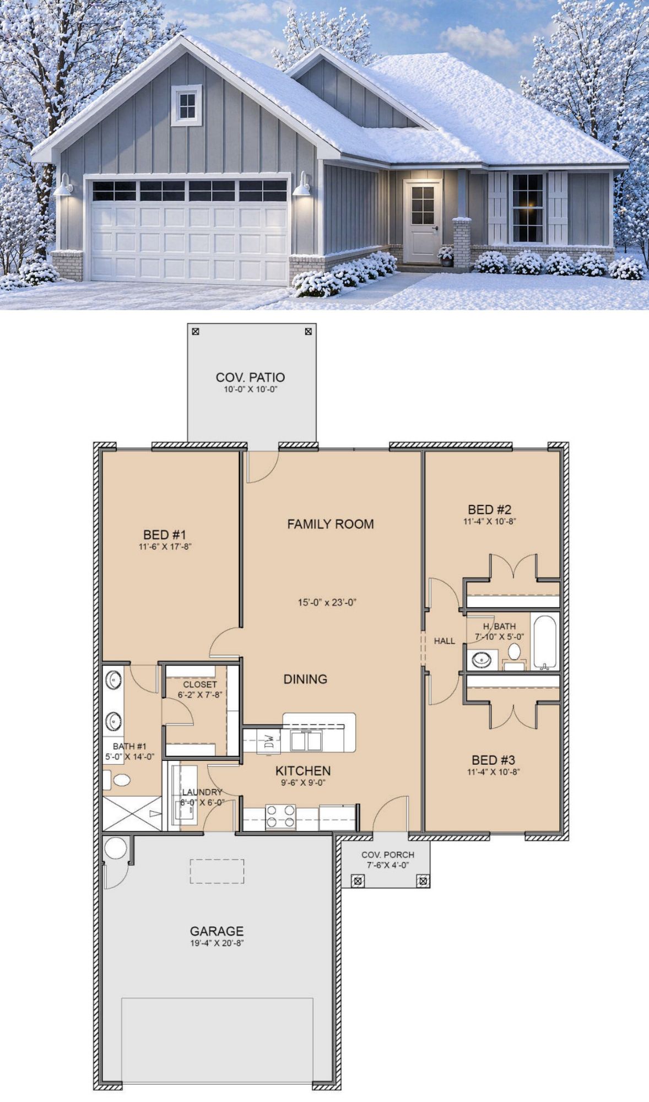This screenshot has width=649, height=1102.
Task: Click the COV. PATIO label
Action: pyautogui.click(x=250, y=377)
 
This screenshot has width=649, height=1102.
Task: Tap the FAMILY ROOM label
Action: pyautogui.click(x=331, y=524)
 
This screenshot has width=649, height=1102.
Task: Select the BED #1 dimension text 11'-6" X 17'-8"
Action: pyautogui.click(x=165, y=547)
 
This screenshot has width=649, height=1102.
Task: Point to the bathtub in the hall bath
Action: pyautogui.click(x=545, y=642)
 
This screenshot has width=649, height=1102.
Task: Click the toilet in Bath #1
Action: pyautogui.click(x=118, y=780)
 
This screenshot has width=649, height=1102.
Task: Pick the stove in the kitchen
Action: pyautogui.click(x=280, y=817)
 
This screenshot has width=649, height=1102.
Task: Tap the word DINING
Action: pyautogui.click(x=305, y=679)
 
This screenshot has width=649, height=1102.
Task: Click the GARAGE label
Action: pyautogui.click(x=217, y=931)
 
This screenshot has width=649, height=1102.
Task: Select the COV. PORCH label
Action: pyautogui.click(x=388, y=855)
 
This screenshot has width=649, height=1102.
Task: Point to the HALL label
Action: pyautogui.click(x=445, y=641)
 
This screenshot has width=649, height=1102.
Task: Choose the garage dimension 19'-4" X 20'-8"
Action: pyautogui.click(x=217, y=943)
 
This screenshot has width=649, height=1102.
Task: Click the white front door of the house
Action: pyautogui.click(x=423, y=221)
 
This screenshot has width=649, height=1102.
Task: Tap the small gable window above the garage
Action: pyautogui.click(x=187, y=105)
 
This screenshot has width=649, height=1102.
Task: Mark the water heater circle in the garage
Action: pyautogui.click(x=116, y=848)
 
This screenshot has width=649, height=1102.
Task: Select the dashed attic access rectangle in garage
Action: pyautogui.click(x=217, y=871)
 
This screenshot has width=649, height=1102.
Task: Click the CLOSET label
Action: pyautogui.click(x=200, y=684)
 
